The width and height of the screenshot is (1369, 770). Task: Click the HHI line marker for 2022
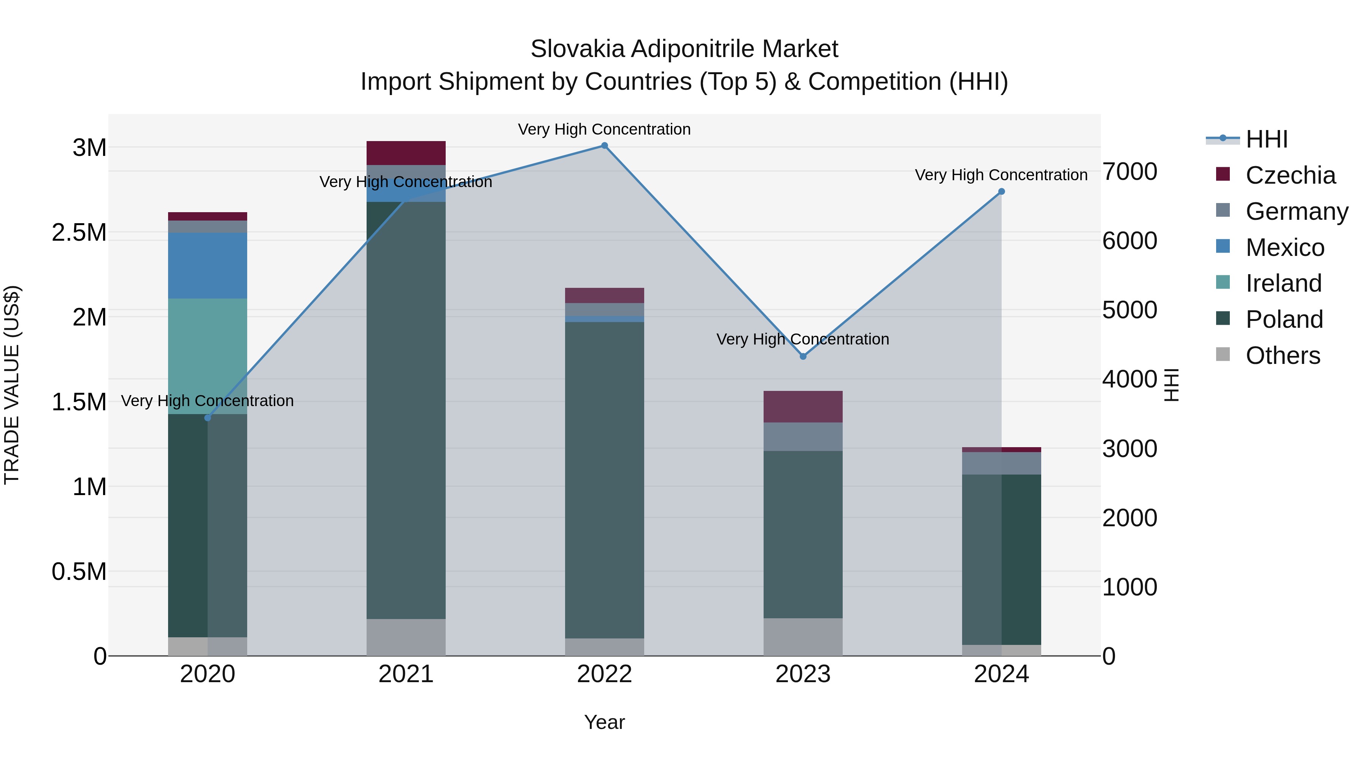coord(604,146)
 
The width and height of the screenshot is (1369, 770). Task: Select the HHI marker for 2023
coord(803,356)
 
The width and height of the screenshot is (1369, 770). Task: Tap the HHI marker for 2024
coord(1001,191)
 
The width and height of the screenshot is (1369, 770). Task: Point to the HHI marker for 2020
coord(208,418)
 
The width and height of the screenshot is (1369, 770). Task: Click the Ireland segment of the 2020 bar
coord(208,356)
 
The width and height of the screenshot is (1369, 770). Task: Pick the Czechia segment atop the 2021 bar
coord(406,153)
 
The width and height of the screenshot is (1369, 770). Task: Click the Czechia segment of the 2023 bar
coord(803,406)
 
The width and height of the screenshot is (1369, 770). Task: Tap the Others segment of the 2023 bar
coord(803,637)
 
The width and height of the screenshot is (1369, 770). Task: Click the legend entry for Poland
coord(1284,319)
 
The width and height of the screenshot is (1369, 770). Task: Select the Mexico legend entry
coord(1285,248)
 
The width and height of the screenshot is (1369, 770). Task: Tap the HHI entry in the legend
coord(1266,139)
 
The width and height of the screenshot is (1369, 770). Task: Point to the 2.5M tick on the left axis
coord(79,233)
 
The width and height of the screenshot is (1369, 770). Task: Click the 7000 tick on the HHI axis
coord(1129,171)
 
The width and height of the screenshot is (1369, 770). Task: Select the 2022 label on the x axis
coord(604,674)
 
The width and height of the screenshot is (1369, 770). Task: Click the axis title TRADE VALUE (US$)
coord(12,385)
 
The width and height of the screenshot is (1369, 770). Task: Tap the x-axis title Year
coord(604,722)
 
